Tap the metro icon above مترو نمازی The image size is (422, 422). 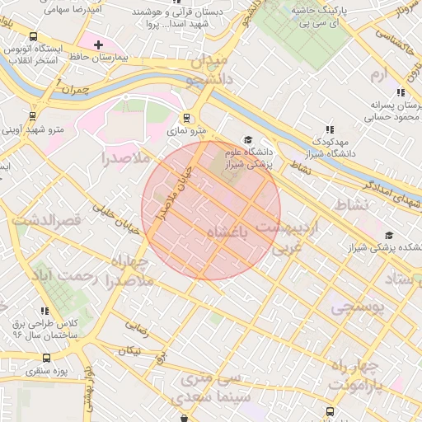click(x=186, y=117)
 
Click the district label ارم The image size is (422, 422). click(x=378, y=75)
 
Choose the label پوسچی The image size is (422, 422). click(x=359, y=308)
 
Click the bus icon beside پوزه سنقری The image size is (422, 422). click(x=45, y=359)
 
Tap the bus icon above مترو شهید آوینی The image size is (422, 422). click(x=33, y=116)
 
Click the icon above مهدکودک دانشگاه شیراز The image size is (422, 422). click(x=330, y=129)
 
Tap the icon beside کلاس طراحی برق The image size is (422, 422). click(x=45, y=310)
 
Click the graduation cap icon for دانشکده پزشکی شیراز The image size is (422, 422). click(x=388, y=235)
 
